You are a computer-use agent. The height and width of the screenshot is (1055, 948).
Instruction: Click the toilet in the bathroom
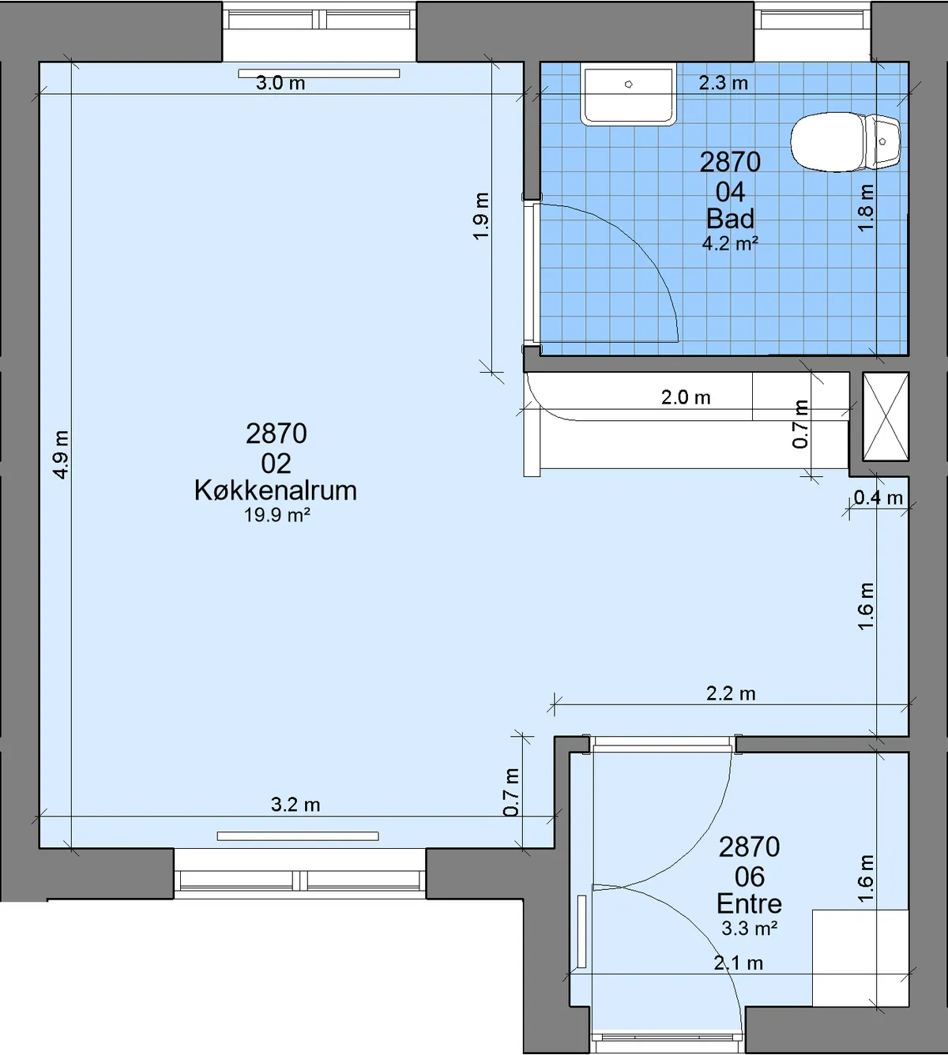(845, 141)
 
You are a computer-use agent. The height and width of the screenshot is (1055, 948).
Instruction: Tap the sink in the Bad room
(628, 94)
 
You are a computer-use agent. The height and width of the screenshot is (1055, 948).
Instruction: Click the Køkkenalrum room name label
(276, 490)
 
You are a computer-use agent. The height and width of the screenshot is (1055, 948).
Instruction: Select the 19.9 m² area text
(277, 515)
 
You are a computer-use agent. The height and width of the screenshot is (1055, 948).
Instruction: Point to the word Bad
(730, 219)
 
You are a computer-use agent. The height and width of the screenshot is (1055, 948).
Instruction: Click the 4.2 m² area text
(730, 243)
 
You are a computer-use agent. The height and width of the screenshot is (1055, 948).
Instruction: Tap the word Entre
(749, 904)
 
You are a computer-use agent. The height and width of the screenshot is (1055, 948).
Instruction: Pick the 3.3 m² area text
(750, 928)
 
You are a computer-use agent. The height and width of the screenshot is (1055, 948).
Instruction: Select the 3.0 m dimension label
(280, 83)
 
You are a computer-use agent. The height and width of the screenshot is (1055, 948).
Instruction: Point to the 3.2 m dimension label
(295, 805)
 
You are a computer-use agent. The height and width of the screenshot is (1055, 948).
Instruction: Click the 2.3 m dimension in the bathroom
(724, 83)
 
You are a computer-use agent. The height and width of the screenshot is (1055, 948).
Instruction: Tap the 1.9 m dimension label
(481, 216)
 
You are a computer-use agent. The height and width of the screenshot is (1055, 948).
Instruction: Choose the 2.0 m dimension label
(686, 398)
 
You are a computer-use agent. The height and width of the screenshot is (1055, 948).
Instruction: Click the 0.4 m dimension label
(878, 497)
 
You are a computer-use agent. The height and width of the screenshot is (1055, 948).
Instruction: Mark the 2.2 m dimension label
(731, 693)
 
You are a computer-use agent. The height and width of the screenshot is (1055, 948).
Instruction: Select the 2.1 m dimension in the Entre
(739, 963)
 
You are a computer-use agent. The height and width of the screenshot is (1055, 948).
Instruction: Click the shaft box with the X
(886, 417)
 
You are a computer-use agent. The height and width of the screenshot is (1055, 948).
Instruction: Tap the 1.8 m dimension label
(865, 208)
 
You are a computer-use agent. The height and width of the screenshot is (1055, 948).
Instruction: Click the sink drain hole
(629, 84)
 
